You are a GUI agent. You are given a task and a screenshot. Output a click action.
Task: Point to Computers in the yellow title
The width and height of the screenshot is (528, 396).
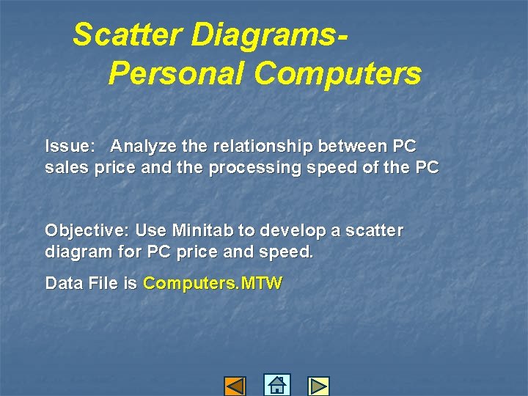[337, 73]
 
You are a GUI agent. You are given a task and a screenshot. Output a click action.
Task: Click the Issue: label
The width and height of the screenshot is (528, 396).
[67, 146]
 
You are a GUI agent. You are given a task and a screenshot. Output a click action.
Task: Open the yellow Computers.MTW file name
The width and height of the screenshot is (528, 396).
[212, 284]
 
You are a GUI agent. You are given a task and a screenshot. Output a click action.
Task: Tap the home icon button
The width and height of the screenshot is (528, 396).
[276, 385]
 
